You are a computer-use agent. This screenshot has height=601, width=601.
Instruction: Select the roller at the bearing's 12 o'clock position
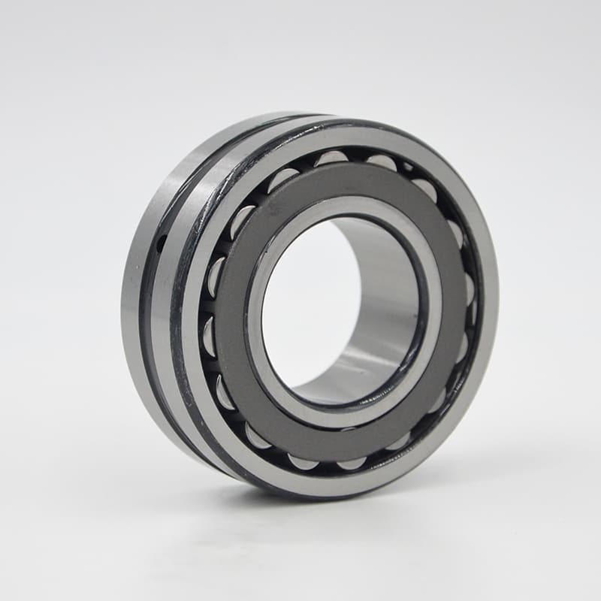(331, 159)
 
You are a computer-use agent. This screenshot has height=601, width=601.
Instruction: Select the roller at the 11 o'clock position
(283, 179)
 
